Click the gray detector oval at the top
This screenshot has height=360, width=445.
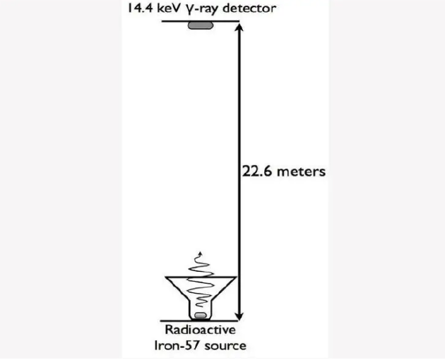[200, 26]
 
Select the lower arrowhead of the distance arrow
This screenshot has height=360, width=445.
[240, 316]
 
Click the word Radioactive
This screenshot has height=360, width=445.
[201, 330]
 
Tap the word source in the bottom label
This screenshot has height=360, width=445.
[225, 345]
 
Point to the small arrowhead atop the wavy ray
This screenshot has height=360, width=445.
[201, 253]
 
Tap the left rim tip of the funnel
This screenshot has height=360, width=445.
[165, 276]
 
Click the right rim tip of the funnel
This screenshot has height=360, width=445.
[237, 276]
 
